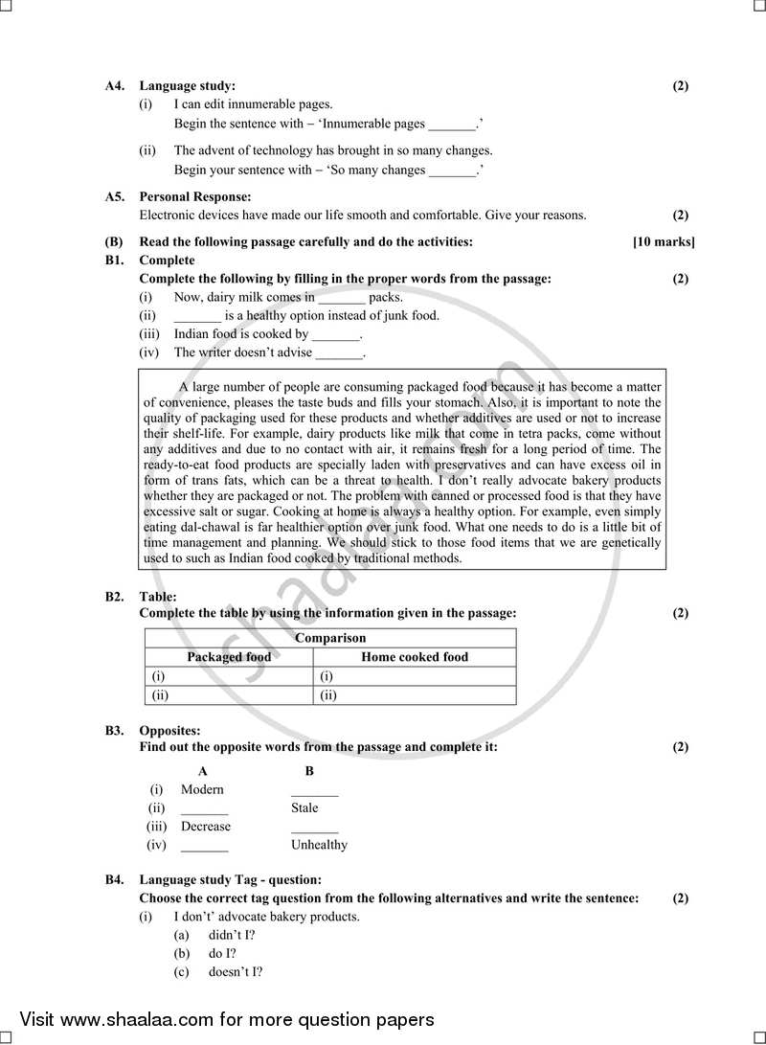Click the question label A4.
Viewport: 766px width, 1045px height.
coord(114,86)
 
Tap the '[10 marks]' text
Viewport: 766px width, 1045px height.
coord(664,242)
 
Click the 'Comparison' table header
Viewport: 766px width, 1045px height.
coord(329,638)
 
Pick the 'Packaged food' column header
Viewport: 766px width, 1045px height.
coord(229,657)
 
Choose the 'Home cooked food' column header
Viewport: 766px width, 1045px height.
coord(415,657)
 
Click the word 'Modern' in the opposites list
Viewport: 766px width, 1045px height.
coord(202,790)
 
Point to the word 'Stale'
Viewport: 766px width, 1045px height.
coord(304,808)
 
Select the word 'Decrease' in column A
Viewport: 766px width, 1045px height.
coord(206,827)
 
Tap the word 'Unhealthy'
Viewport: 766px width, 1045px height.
coord(319,846)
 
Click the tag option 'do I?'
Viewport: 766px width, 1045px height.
coord(222,954)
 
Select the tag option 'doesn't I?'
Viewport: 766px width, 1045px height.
coord(236,972)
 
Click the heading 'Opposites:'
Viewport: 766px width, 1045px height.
coord(169,731)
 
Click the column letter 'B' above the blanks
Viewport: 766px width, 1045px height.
coord(308,771)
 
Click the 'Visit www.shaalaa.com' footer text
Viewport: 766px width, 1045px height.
coord(227,1020)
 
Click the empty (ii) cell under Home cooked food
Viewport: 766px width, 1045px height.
coord(417,695)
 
